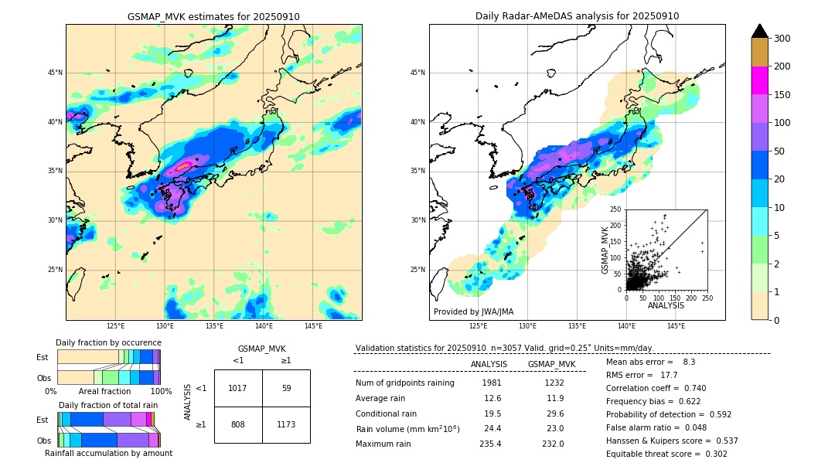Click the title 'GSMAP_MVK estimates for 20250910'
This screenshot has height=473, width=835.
click(213, 16)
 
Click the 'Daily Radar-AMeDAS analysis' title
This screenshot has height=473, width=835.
click(577, 16)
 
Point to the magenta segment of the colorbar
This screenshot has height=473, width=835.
click(759, 80)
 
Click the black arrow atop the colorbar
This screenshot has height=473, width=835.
click(759, 31)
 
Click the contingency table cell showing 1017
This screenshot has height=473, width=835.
click(237, 388)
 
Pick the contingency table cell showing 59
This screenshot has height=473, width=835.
click(286, 388)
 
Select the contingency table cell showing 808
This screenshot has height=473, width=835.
click(237, 424)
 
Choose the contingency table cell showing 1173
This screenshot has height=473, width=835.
click(286, 424)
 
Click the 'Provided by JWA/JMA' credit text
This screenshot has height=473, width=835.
click(472, 311)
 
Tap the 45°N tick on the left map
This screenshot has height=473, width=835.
click(54, 73)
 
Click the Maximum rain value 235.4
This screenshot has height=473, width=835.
click(490, 444)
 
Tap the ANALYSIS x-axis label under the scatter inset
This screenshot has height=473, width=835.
click(666, 305)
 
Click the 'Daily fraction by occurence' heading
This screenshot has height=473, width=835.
click(108, 342)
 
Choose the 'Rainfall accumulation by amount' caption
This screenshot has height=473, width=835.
click(108, 453)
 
